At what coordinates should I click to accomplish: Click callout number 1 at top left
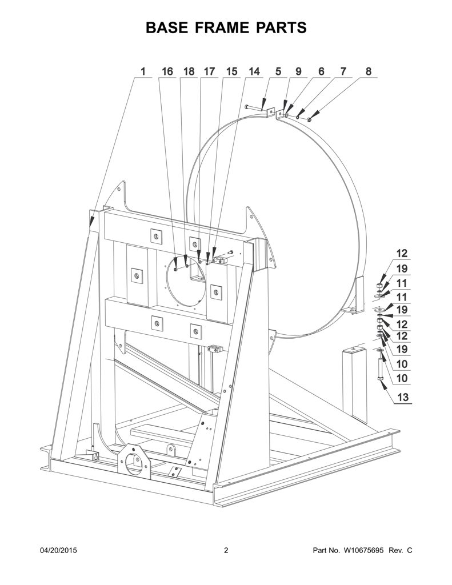coord(143,71)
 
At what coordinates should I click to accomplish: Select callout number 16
coord(167,71)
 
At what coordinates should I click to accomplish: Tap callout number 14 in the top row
coord(254,71)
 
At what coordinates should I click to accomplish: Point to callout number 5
coord(278,71)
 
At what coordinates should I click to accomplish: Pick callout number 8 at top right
coord(369,71)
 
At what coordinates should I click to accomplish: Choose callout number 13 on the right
coord(403,397)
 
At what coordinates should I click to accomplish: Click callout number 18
coord(189,71)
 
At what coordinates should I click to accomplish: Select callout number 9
coord(298,71)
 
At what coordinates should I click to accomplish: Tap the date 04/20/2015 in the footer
coord(58,550)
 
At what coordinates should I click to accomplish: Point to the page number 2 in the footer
coord(226,550)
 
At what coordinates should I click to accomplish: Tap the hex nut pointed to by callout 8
coord(309,119)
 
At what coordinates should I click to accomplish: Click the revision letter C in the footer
coord(410,550)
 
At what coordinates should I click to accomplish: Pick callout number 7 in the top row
coord(343,71)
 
